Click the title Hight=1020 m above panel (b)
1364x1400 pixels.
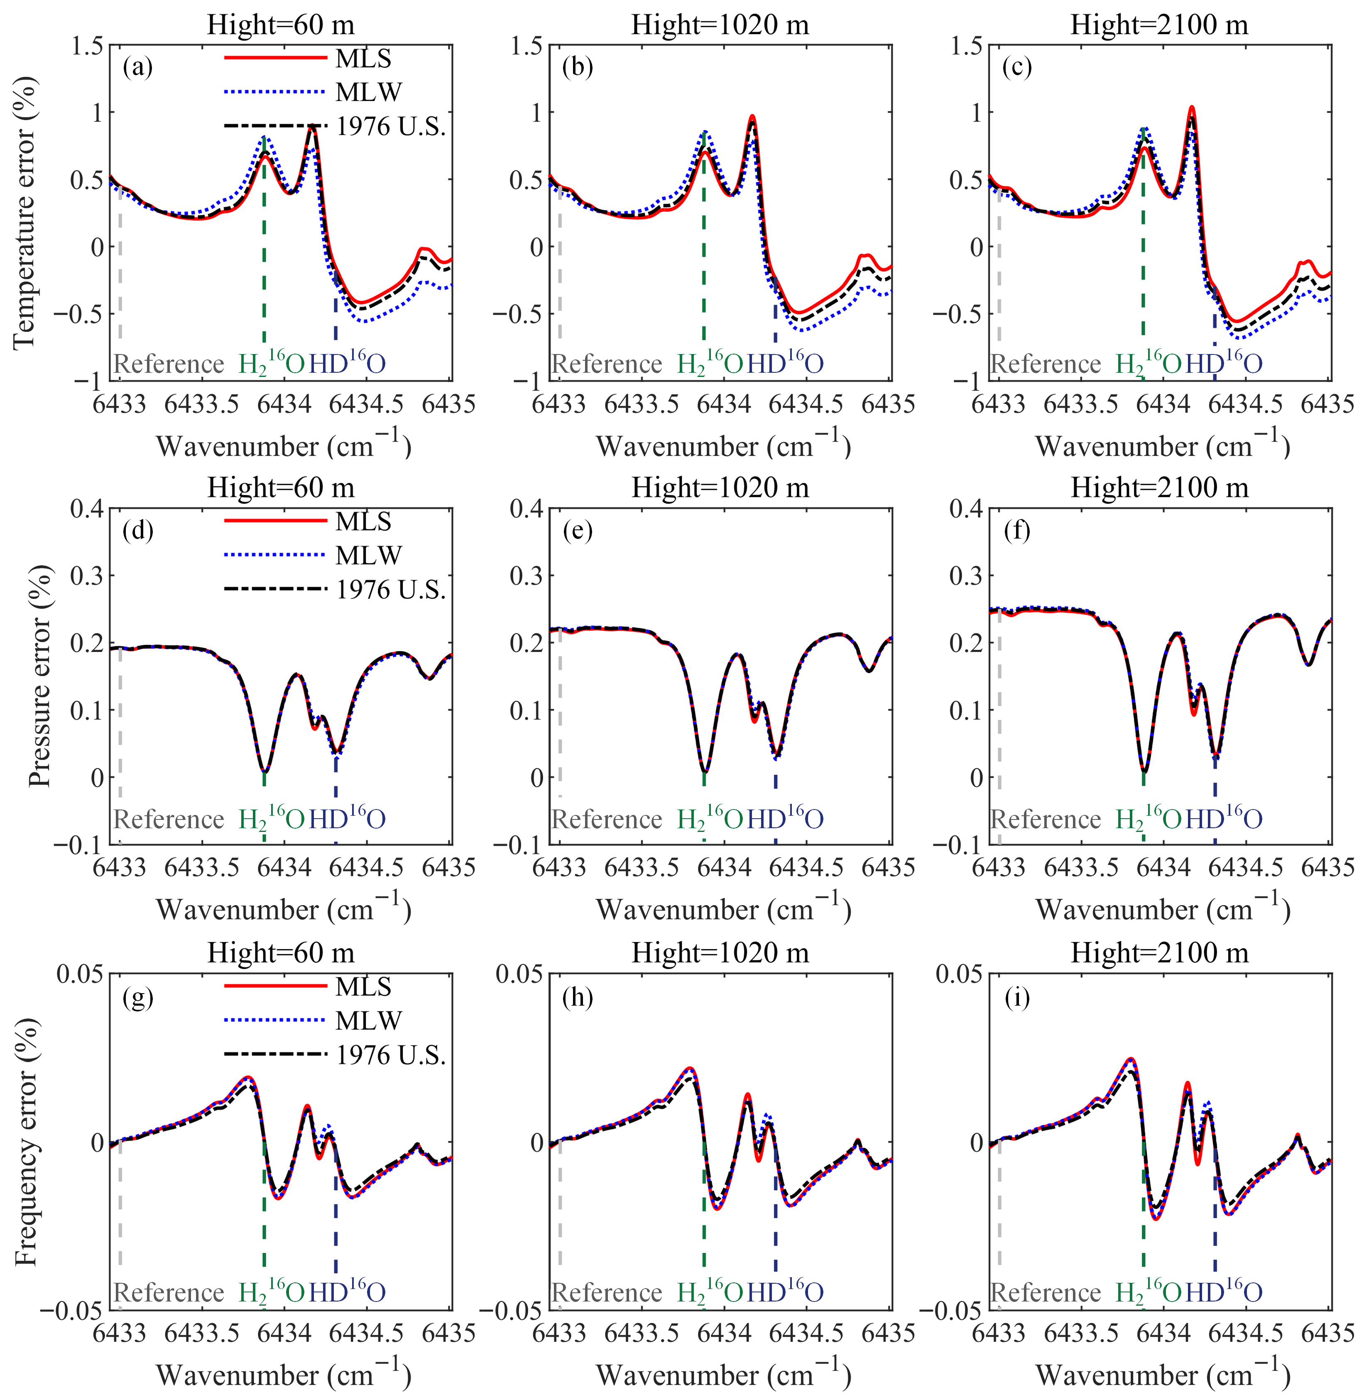tap(720, 25)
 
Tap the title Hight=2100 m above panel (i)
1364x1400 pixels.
tap(1159, 953)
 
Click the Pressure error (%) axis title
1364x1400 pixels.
tap(39, 676)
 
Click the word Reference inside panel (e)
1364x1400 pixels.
tap(607, 819)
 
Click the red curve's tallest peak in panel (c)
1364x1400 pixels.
tap(1192, 108)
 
